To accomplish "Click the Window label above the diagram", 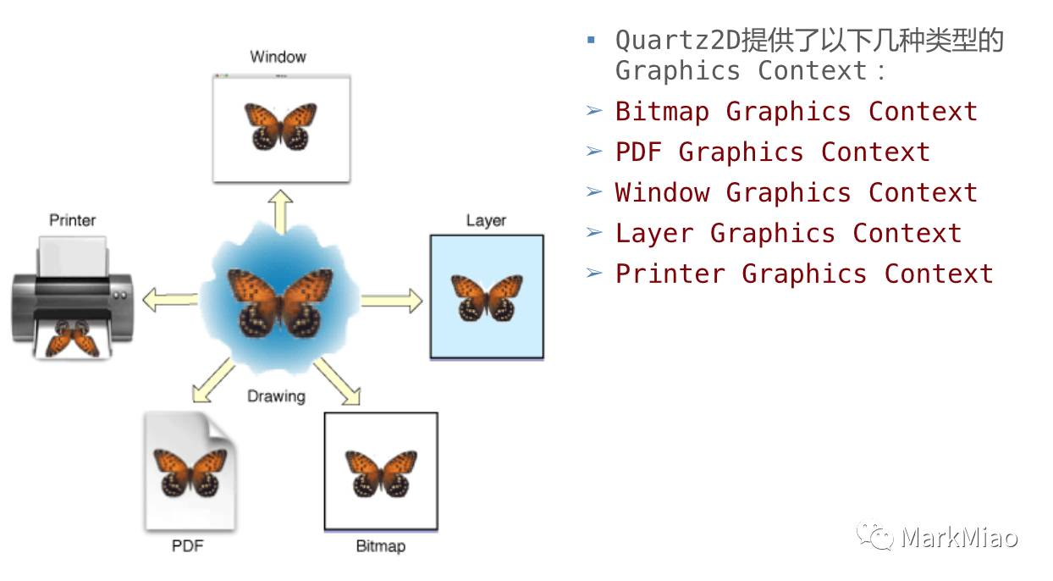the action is pos(278,57).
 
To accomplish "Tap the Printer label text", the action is pos(73,220).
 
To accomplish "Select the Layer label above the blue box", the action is pos(486,221).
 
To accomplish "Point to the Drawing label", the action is pos(277,396).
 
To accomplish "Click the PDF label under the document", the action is pos(188,545).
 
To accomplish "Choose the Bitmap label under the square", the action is pos(381,546).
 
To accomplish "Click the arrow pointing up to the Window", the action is pos(281,212).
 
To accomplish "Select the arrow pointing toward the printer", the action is pos(170,300).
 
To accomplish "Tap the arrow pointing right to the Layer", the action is pos(392,301).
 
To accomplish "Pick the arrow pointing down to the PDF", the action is pos(213,380).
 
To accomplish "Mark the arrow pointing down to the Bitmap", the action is pos(338,381).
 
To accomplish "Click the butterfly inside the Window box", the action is pos(281,126).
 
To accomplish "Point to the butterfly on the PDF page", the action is pos(190,473).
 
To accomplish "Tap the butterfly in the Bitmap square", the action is pos(381,473).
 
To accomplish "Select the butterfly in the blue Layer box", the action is pos(487,298).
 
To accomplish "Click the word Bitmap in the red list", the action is pos(662,112).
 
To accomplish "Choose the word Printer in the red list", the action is pos(670,274).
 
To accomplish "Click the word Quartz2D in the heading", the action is pos(678,40).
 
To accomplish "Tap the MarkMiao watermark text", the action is pos(959,537).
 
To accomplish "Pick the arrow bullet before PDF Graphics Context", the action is pos(594,151).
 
